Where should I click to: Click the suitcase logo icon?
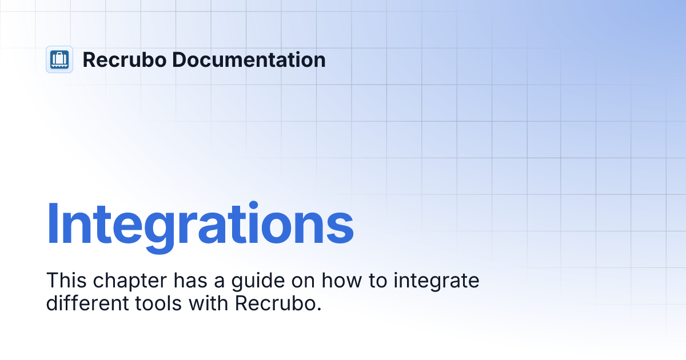(x=59, y=59)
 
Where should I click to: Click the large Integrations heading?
(x=200, y=224)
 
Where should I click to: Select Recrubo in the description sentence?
(x=274, y=303)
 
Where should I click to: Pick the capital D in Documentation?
(x=178, y=59)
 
